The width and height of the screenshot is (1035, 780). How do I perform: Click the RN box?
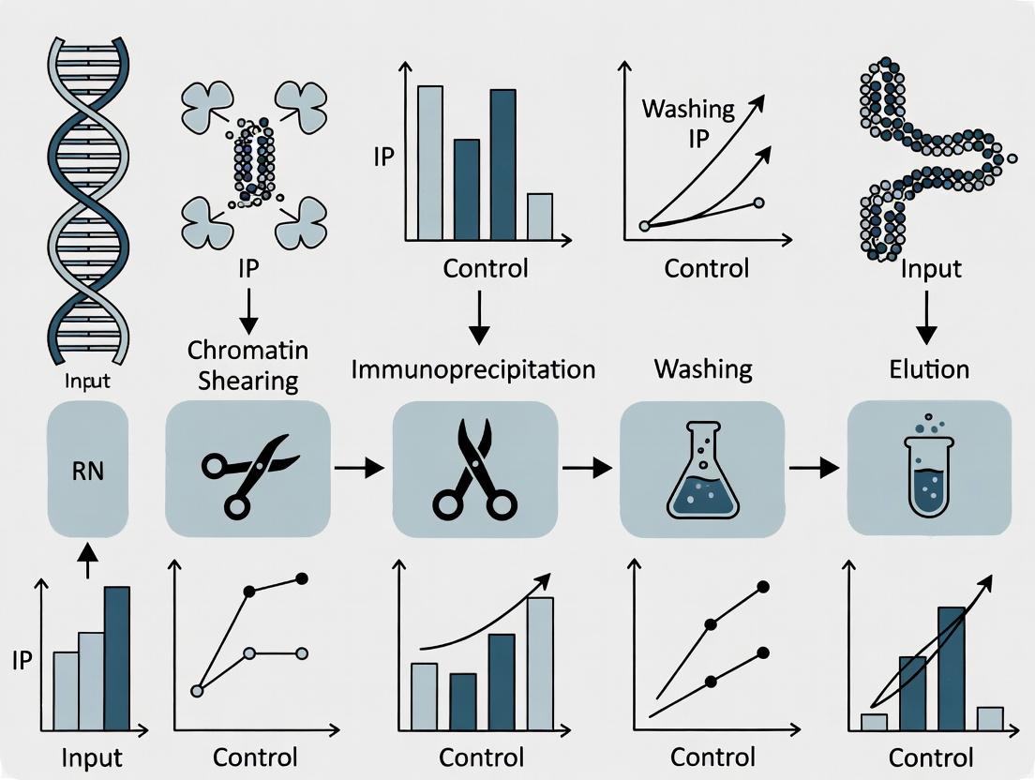(x=87, y=469)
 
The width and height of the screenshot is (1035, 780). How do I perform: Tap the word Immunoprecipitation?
(x=473, y=368)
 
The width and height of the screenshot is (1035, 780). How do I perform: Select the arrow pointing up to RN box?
(x=87, y=562)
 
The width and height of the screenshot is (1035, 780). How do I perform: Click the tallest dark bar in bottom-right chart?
(x=952, y=667)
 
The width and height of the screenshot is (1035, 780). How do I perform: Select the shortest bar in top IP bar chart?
(x=539, y=217)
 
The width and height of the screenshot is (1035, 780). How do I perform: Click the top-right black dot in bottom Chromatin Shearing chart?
(x=302, y=579)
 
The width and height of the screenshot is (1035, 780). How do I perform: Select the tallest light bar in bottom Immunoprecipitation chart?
(x=540, y=663)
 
